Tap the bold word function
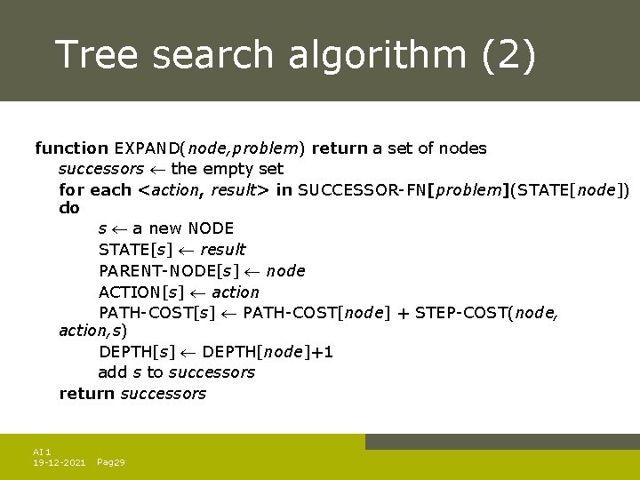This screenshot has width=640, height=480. point(70,148)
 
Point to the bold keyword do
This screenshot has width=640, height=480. point(68,208)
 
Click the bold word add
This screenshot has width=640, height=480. point(113,372)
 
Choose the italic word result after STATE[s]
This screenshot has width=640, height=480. point(222,250)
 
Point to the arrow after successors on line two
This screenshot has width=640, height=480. point(158,169)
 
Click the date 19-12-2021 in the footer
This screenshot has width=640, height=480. point(59,463)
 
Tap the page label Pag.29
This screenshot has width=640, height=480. point(110,463)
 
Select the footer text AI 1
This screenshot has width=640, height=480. point(42,452)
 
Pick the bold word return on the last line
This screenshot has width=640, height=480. point(86,394)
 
